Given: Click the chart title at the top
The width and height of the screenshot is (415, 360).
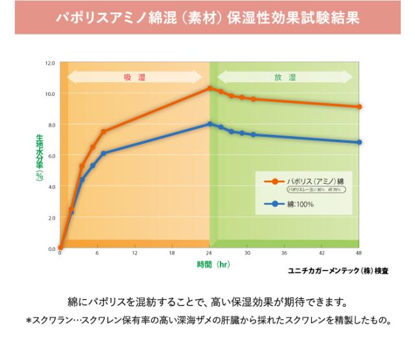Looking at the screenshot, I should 207,16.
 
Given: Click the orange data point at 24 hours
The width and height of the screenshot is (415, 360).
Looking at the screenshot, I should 210,88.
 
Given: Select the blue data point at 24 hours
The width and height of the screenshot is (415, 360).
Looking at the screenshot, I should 210,124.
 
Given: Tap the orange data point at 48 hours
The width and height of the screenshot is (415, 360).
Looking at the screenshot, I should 359,107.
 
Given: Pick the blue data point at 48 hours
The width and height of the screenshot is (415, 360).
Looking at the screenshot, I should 359,142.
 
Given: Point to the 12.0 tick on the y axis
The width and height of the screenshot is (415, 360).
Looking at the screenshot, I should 51,64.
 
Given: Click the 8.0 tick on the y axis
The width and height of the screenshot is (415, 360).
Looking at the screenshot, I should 51,125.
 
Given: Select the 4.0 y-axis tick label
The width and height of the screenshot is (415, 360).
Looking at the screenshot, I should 51,187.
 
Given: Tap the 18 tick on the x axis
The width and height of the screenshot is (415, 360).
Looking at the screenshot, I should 172,253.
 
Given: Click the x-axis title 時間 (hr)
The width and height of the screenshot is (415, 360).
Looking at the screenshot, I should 214,265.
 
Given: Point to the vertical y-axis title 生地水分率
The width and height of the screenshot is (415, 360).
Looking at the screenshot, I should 39,156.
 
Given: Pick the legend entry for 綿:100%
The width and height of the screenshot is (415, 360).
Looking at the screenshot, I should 301,204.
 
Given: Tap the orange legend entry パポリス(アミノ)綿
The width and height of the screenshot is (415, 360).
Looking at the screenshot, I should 316,181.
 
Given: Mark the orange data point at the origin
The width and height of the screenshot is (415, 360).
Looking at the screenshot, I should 60,247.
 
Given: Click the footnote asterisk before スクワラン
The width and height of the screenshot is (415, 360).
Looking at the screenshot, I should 29,321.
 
